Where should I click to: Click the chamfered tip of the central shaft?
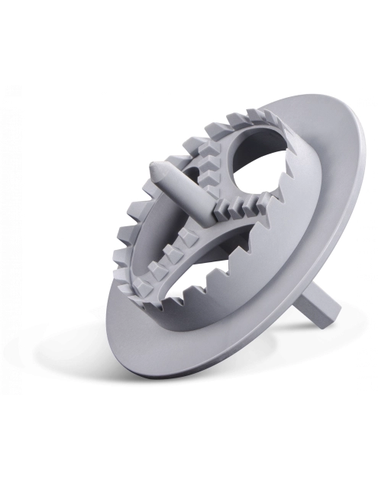[158, 170]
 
